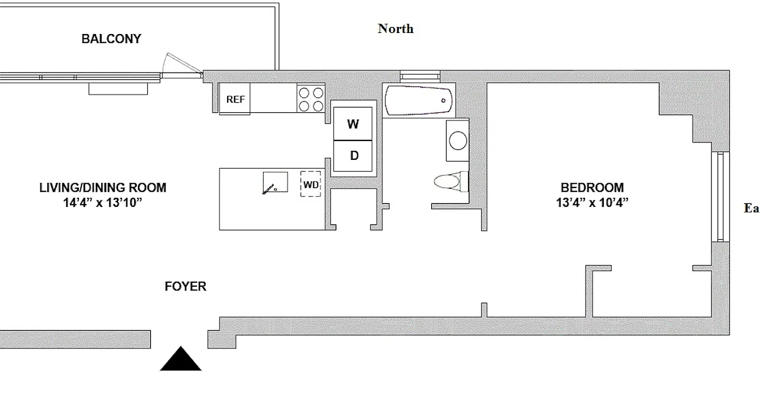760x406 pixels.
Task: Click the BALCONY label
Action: point(111,39)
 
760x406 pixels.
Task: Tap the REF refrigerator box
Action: point(235,99)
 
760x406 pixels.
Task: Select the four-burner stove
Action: point(311,99)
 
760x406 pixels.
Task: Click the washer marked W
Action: point(353,123)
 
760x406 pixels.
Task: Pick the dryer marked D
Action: point(354,156)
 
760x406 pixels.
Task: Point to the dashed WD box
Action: point(311,185)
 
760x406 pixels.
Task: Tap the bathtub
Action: point(419,100)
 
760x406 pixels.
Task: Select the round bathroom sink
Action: point(458,141)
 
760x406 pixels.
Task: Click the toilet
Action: point(450,181)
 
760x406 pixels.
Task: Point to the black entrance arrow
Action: point(181,359)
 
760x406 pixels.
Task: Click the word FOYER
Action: point(185,287)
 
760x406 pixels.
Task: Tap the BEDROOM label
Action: point(592,188)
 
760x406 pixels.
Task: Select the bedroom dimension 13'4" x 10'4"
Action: point(592,202)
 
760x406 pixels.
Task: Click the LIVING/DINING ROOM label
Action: point(103,188)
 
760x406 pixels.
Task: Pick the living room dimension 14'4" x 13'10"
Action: point(103,202)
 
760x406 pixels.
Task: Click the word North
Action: point(395,29)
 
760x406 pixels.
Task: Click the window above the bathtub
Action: point(420,76)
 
